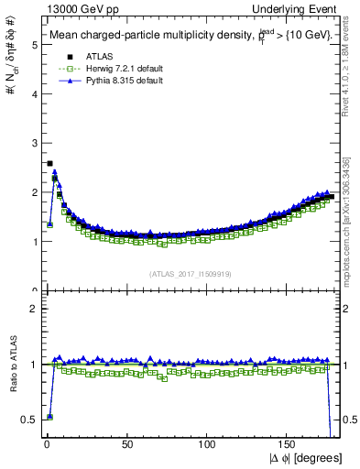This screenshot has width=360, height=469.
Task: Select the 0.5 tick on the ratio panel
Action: pos(30,420)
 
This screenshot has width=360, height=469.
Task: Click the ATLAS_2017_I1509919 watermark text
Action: pos(191,273)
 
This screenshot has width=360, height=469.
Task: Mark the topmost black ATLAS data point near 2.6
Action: pos(49,163)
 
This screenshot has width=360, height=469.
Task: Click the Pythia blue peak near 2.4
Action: pos(54,171)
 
